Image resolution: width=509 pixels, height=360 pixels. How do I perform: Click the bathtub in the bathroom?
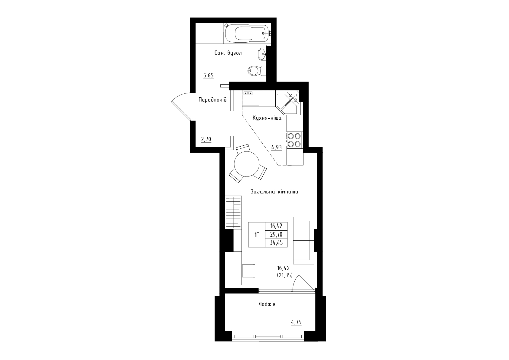[x=247, y=34]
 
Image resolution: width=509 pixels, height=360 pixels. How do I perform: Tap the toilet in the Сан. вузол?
[x=257, y=71]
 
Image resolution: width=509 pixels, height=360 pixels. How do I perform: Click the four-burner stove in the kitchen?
[x=294, y=140]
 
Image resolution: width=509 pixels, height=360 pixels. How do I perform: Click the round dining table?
[x=247, y=164]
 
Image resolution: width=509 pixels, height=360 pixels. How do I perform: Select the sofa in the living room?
[x=303, y=240]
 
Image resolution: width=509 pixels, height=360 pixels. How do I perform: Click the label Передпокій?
[x=212, y=99]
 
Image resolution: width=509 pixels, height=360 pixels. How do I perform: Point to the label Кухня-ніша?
[x=267, y=118]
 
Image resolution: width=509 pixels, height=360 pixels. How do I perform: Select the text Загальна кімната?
[x=274, y=192]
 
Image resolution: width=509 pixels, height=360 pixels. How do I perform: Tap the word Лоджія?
[x=267, y=304]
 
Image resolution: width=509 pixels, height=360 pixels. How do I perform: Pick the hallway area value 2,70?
[x=47, y=139]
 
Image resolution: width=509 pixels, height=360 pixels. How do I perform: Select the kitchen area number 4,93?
[x=276, y=148]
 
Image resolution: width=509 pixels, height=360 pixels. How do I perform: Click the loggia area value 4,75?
[x=296, y=322]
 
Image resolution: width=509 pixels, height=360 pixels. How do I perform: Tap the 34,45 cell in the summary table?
[x=276, y=243]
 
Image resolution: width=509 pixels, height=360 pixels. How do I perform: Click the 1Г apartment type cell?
[x=257, y=235]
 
